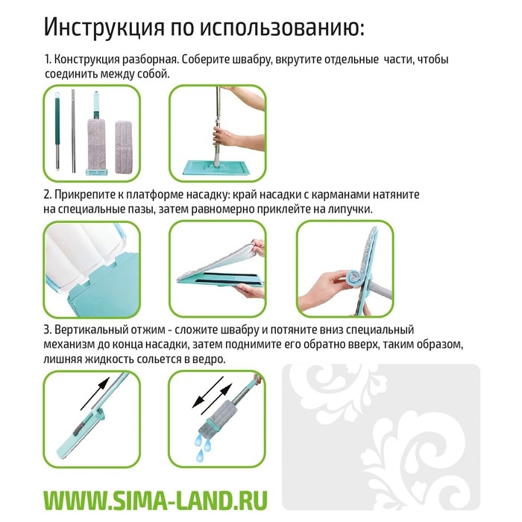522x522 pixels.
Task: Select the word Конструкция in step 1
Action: point(87,59)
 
